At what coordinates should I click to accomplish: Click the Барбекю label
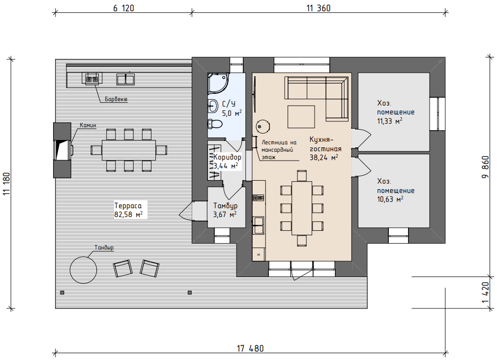[x=116, y=99]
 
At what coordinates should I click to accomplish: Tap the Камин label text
[x=88, y=125]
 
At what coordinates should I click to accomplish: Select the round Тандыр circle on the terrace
[x=84, y=270]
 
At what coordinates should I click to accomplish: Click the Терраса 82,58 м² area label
[x=128, y=210]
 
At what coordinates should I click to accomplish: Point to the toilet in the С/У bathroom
[x=215, y=124]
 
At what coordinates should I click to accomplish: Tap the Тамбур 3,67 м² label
[x=225, y=210]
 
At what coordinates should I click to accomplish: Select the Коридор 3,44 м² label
[x=227, y=161]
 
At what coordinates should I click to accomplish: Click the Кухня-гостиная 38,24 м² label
[x=325, y=148]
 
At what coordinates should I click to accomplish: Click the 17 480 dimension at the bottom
[x=250, y=348]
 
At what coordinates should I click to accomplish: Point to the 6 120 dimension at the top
[x=123, y=8]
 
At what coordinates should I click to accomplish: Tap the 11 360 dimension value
[x=319, y=8]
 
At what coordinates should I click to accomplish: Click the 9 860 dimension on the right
[x=485, y=167]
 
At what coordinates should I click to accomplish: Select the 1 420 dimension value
[x=485, y=293]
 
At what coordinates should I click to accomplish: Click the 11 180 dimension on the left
[x=7, y=184]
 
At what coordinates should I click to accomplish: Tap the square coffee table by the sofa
[x=301, y=117]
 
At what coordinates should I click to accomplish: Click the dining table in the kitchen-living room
[x=302, y=208]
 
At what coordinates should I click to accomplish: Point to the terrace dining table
[x=129, y=150]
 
